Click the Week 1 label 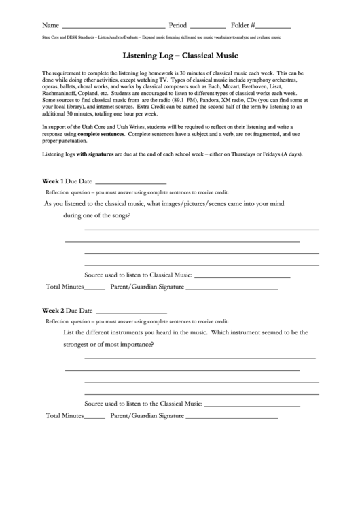point(53,182)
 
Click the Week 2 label point(53,310)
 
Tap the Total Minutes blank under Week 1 point(95,288)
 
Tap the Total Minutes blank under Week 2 point(95,416)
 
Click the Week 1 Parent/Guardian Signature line point(232,288)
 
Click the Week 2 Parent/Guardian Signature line point(232,416)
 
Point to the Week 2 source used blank point(252,404)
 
